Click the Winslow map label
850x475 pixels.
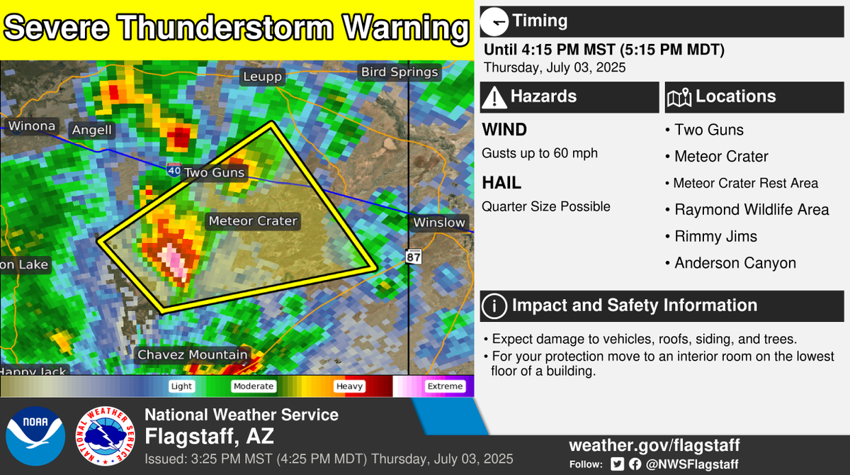(x=440, y=223)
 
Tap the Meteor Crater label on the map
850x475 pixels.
(x=253, y=221)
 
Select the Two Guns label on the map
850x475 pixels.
(x=214, y=172)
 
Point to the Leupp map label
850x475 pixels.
(x=262, y=77)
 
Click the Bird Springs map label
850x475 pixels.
(x=399, y=72)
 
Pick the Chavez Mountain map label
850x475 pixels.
(x=193, y=354)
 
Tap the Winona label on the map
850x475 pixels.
(x=31, y=126)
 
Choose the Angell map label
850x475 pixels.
(x=91, y=130)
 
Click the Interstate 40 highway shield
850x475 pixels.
(x=174, y=170)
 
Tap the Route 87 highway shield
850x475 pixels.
(x=414, y=256)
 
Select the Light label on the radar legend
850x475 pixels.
(x=181, y=386)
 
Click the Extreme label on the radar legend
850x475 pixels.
(x=444, y=386)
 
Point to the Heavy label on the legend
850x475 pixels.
(x=349, y=386)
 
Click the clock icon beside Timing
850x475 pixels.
(x=494, y=21)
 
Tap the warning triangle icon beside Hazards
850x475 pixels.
(x=494, y=97)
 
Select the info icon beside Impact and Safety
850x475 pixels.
(x=494, y=306)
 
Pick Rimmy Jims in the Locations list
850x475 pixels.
(x=715, y=237)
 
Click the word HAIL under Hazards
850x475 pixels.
(x=501, y=183)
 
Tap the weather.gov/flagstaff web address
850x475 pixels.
(x=654, y=446)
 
